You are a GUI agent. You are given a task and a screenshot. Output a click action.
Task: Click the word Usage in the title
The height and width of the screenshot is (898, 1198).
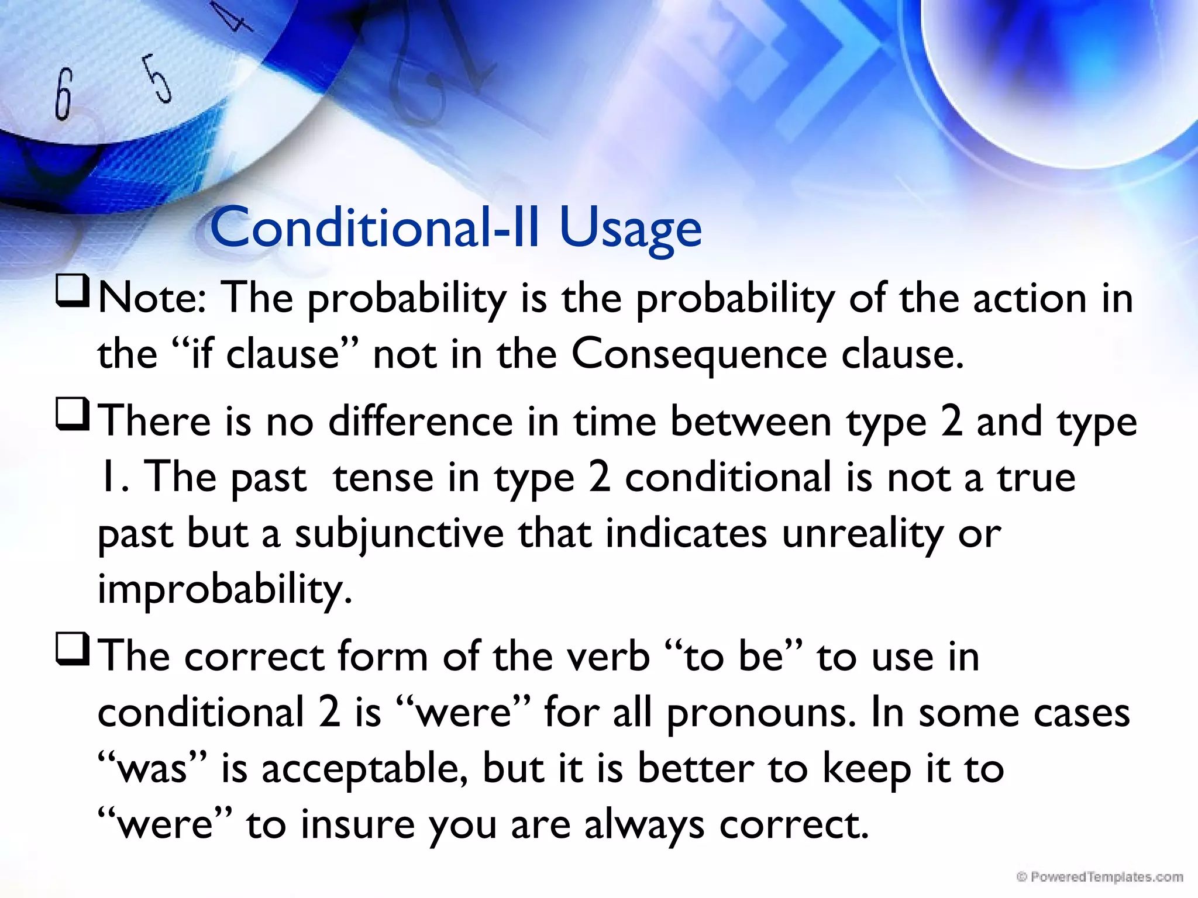(630, 229)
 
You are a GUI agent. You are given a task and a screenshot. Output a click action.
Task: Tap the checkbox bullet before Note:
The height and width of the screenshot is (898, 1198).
(73, 292)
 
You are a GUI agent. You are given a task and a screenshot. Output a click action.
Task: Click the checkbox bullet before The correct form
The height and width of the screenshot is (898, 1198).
(73, 650)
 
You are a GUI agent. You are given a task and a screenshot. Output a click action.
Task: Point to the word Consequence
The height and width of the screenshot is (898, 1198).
(698, 354)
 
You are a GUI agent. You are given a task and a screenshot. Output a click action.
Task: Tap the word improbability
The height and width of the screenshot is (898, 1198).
(225, 589)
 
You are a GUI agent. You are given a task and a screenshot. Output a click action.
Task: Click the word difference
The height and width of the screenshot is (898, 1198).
(421, 421)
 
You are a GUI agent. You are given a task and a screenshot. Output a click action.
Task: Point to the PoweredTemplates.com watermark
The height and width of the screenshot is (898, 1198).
(1100, 876)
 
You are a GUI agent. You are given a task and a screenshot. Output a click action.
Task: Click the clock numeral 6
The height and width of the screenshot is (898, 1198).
(63, 94)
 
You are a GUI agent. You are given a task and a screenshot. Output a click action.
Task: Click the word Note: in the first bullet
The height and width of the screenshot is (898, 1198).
(152, 298)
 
